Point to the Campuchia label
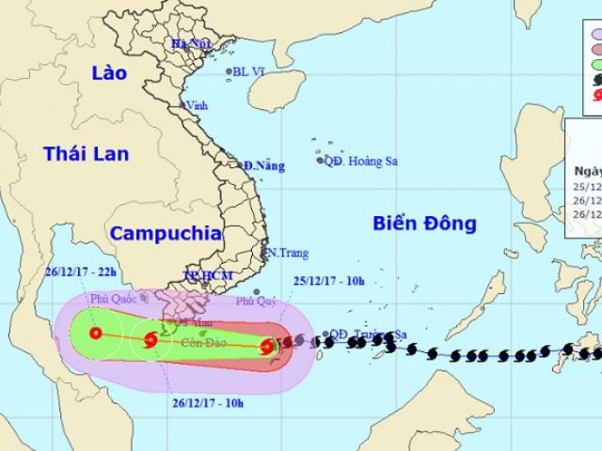coord(165,232)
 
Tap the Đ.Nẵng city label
coord(262,165)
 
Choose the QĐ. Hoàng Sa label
coord(360,161)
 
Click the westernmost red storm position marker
coord(95,333)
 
